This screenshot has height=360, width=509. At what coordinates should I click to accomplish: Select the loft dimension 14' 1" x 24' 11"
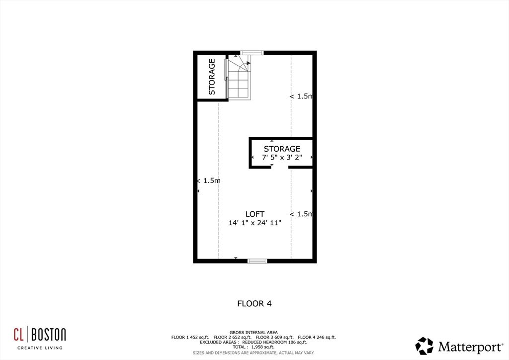pyautogui.click(x=254, y=223)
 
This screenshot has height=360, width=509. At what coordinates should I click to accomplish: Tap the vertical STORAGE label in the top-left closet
pyautogui.click(x=212, y=77)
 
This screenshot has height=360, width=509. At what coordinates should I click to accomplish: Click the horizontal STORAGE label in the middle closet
pyautogui.click(x=282, y=149)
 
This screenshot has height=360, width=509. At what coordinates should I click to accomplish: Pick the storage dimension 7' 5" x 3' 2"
pyautogui.click(x=282, y=158)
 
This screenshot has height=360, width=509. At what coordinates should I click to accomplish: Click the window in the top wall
pyautogui.click(x=252, y=52)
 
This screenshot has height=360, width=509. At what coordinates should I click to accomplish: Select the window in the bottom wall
pyautogui.click(x=257, y=261)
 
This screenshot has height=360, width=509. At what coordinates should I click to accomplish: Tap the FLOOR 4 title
pyautogui.click(x=254, y=303)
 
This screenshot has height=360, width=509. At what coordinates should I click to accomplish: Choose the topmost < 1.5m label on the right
pyautogui.click(x=301, y=96)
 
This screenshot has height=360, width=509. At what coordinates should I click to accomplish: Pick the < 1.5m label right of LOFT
pyautogui.click(x=301, y=214)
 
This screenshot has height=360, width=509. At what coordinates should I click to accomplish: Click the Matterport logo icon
pyautogui.click(x=424, y=346)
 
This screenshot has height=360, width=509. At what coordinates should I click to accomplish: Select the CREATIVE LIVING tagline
pyautogui.click(x=40, y=348)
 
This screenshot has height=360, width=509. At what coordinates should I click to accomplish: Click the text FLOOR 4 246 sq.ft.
pyautogui.click(x=317, y=337)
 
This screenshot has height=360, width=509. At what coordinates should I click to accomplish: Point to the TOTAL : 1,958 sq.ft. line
pyautogui.click(x=254, y=347)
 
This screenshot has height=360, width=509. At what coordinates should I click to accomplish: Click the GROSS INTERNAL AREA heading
pyautogui.click(x=254, y=332)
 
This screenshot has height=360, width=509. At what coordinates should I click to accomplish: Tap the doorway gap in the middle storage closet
pyautogui.click(x=279, y=168)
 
